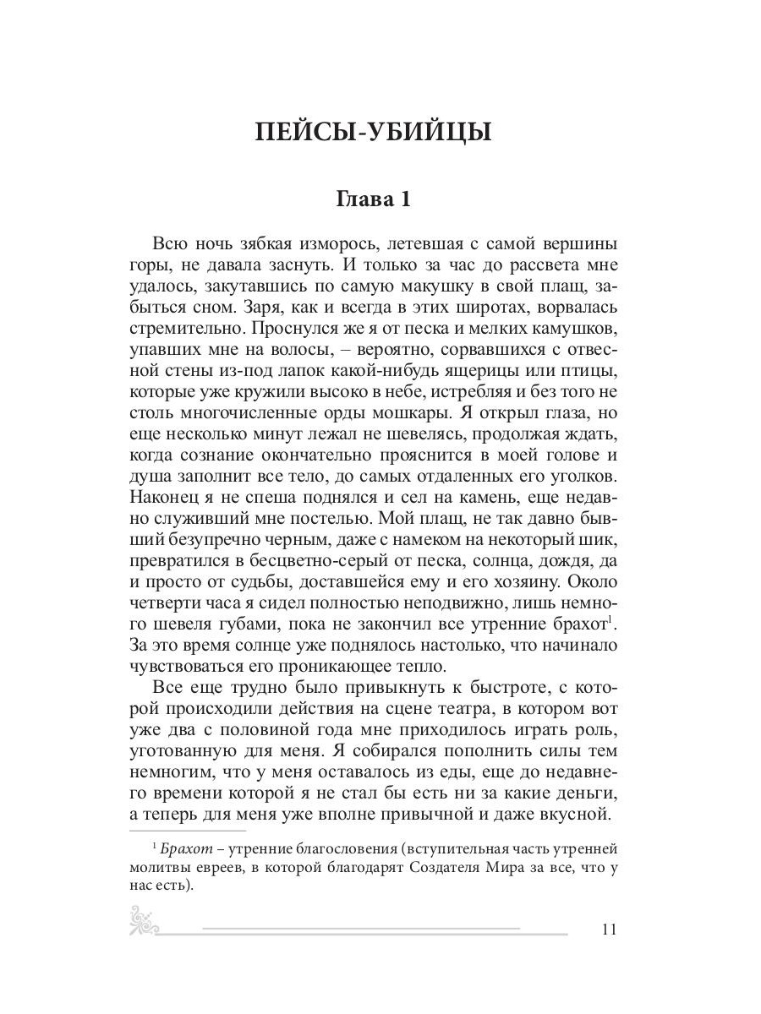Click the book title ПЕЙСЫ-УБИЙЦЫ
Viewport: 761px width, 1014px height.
(x=373, y=133)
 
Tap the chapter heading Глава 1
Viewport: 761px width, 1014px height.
(x=373, y=199)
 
